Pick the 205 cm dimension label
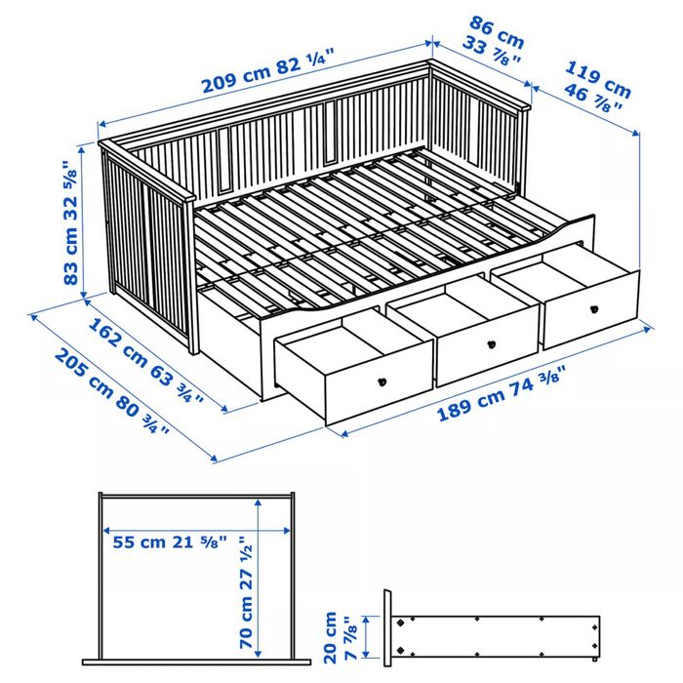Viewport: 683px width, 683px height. (x=103, y=386)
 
